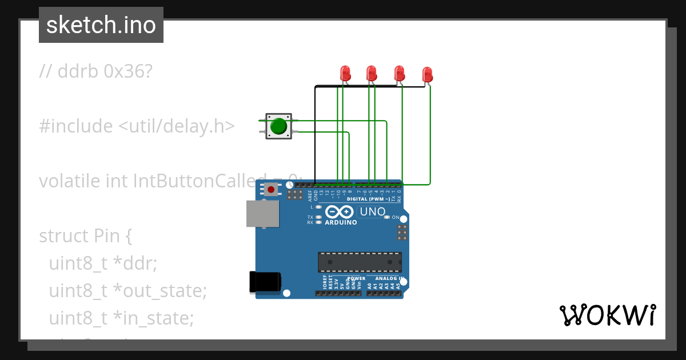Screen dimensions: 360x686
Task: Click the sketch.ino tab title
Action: click(x=101, y=25)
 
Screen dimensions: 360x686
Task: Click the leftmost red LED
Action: click(x=345, y=73)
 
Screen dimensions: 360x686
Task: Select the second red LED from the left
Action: click(x=372, y=73)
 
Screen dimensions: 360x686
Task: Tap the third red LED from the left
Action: click(x=400, y=73)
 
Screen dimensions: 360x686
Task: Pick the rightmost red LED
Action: click(x=427, y=74)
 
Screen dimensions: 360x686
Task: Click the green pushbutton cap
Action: click(x=278, y=126)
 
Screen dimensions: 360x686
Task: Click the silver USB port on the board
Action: click(x=262, y=214)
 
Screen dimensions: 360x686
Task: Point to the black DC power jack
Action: click(x=265, y=282)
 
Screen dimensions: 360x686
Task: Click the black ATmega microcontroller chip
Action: click(x=360, y=262)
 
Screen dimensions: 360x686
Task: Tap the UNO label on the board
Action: click(x=372, y=212)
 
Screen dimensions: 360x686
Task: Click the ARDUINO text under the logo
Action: click(x=341, y=222)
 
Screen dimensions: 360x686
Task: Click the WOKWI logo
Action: click(x=607, y=315)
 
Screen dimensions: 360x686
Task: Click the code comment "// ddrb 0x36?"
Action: click(x=96, y=71)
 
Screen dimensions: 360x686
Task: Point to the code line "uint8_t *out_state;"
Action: click(x=127, y=291)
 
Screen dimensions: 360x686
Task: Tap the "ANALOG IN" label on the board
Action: click(x=390, y=278)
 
